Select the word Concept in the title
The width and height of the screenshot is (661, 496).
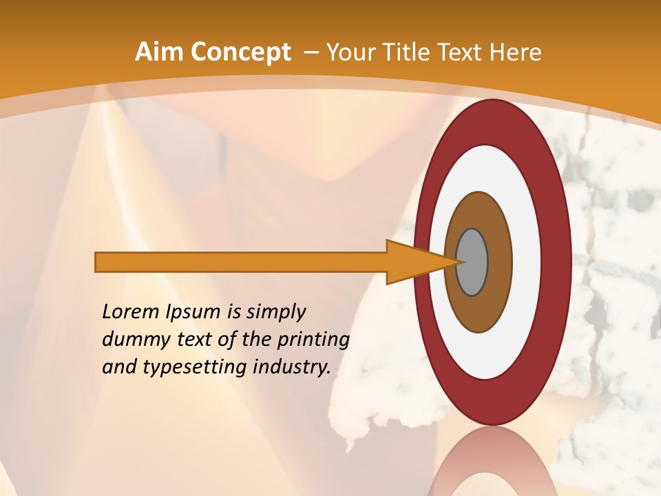[240, 52]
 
